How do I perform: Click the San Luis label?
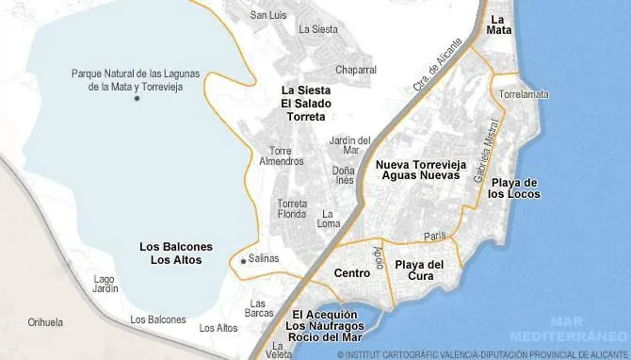tap(267, 15)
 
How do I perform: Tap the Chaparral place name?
tap(356, 70)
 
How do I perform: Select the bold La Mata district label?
tap(501, 25)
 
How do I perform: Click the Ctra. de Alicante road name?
tap(439, 66)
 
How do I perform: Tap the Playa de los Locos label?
tap(514, 188)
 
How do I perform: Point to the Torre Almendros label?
tap(281, 155)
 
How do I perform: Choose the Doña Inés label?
tap(344, 176)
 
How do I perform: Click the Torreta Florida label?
tap(292, 208)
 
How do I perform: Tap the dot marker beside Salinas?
tap(243, 261)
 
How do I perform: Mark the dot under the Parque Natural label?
tap(138, 99)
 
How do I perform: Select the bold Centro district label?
tap(351, 273)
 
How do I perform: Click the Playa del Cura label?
tap(419, 270)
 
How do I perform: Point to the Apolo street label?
tap(379, 255)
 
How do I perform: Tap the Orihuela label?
tap(46, 320)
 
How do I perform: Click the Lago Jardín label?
tap(106, 284)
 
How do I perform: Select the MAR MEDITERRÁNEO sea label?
tap(569, 329)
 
